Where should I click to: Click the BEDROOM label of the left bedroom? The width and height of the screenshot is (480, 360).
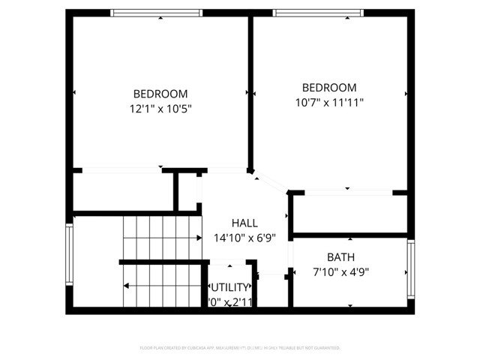click(160, 94)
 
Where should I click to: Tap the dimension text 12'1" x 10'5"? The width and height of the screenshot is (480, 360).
click(160, 109)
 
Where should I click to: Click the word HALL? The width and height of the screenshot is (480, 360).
click(244, 223)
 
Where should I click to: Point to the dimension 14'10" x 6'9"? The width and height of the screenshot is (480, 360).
click(244, 238)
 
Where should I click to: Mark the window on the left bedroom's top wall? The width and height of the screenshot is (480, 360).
click(157, 12)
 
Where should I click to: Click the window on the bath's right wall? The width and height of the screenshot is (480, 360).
click(411, 268)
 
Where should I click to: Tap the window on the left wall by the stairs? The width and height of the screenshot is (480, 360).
click(70, 256)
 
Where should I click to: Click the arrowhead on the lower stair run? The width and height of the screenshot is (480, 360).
click(126, 286)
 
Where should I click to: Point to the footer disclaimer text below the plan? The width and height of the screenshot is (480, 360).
click(240, 348)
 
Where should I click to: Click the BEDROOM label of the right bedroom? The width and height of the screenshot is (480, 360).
click(329, 88)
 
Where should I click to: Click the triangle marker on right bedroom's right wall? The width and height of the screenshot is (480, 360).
click(406, 94)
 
